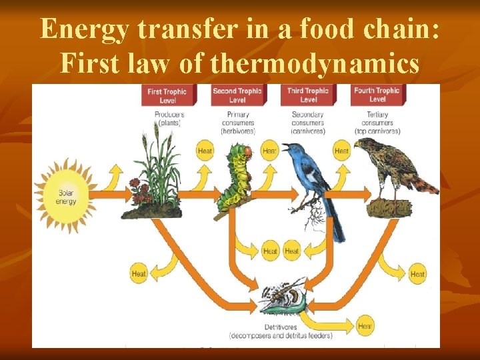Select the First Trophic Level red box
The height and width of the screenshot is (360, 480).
167,95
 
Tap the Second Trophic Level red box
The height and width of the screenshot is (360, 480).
237,95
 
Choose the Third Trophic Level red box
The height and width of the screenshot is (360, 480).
307,95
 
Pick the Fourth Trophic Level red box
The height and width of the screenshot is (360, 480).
377,95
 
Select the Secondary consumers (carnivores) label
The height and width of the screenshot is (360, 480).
307,123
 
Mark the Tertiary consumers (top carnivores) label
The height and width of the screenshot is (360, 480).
377,123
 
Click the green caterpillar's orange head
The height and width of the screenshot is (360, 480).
247,152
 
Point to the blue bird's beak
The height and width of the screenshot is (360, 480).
285,145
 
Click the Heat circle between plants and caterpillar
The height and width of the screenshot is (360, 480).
205,151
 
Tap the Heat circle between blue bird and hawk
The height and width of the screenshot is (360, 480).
341,151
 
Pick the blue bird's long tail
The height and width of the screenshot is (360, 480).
337,223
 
